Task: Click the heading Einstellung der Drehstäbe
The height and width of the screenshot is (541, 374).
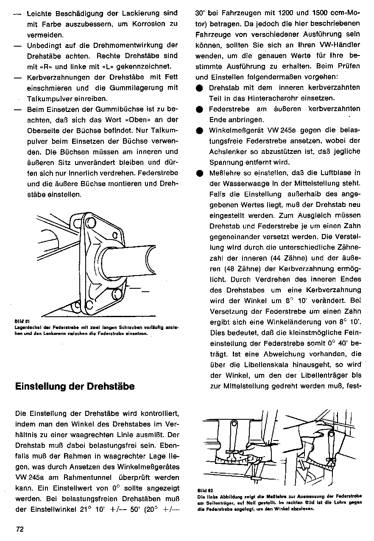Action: pos(75,386)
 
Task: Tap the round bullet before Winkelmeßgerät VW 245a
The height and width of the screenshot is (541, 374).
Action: pos(199,130)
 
